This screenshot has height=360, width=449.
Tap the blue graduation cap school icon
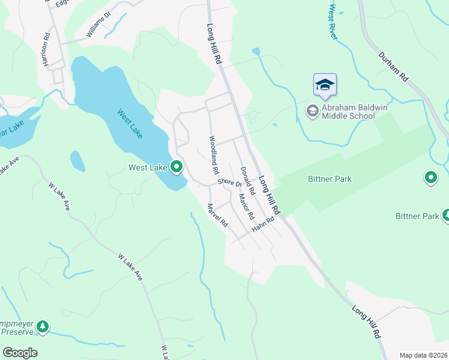point(325,85)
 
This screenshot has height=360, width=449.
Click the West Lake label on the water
point(130,124)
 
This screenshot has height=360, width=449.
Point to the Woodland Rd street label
point(213,155)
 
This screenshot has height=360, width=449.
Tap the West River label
point(333,22)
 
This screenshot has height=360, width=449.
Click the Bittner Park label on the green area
point(330,179)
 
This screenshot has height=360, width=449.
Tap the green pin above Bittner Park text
point(430,177)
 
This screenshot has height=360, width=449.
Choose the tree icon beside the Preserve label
point(43,326)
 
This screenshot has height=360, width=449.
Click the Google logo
point(20,353)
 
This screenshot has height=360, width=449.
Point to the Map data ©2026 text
point(423,355)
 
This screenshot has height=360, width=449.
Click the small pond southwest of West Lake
point(77,161)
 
